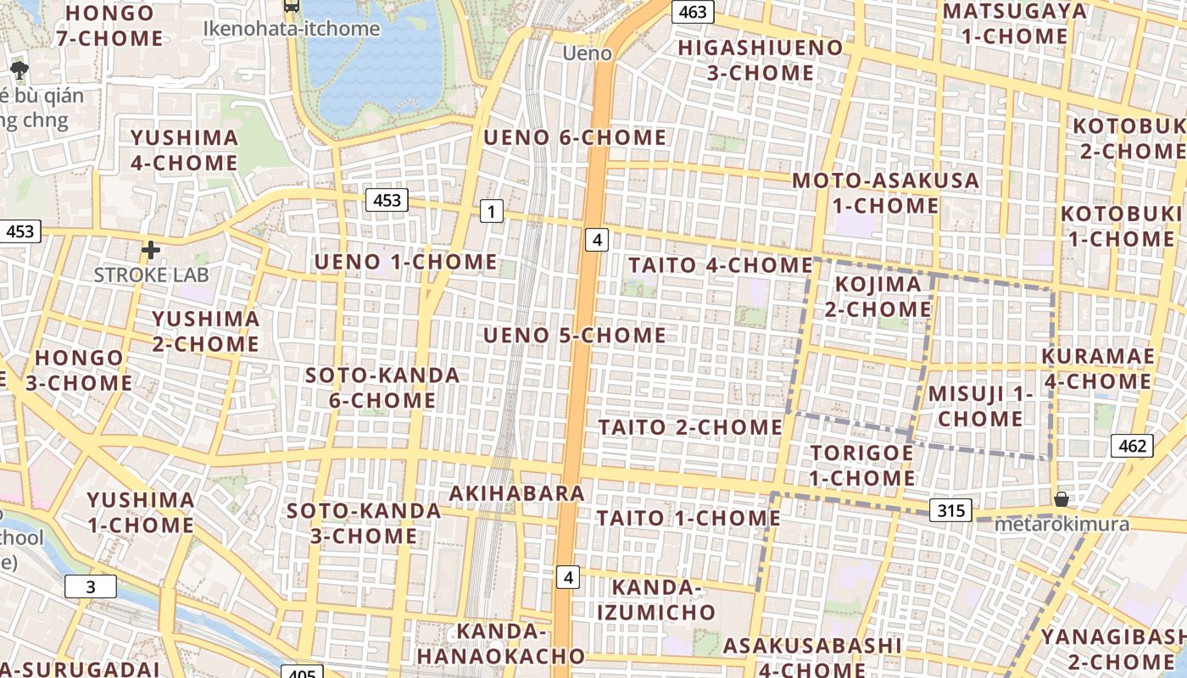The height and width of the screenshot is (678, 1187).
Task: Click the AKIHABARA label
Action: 517,493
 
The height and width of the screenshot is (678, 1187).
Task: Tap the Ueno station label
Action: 588,53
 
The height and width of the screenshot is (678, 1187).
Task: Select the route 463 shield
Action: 693,12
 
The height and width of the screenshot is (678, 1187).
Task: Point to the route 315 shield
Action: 951,510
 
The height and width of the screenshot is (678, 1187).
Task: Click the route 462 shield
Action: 1132,446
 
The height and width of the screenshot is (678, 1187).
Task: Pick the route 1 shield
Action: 491,211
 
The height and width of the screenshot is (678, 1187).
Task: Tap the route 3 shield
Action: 91,586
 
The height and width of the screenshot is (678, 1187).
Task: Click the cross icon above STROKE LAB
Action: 151,250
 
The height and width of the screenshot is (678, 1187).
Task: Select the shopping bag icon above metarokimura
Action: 1061,499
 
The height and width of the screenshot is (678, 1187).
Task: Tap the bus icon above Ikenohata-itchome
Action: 292,7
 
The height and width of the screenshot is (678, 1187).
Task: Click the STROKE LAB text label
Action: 151,275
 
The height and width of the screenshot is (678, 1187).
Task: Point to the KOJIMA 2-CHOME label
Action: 878,297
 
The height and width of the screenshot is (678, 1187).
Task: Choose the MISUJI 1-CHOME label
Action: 981,406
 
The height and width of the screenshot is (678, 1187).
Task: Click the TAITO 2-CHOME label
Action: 690,427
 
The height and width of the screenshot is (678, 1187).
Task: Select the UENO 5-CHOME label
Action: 575,336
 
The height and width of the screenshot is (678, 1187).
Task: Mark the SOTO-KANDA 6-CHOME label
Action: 382,387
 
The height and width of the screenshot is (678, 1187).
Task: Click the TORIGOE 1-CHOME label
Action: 861,465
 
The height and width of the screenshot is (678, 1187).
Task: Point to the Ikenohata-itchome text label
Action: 292,29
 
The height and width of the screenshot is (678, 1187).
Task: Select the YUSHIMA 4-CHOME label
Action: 184,150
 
